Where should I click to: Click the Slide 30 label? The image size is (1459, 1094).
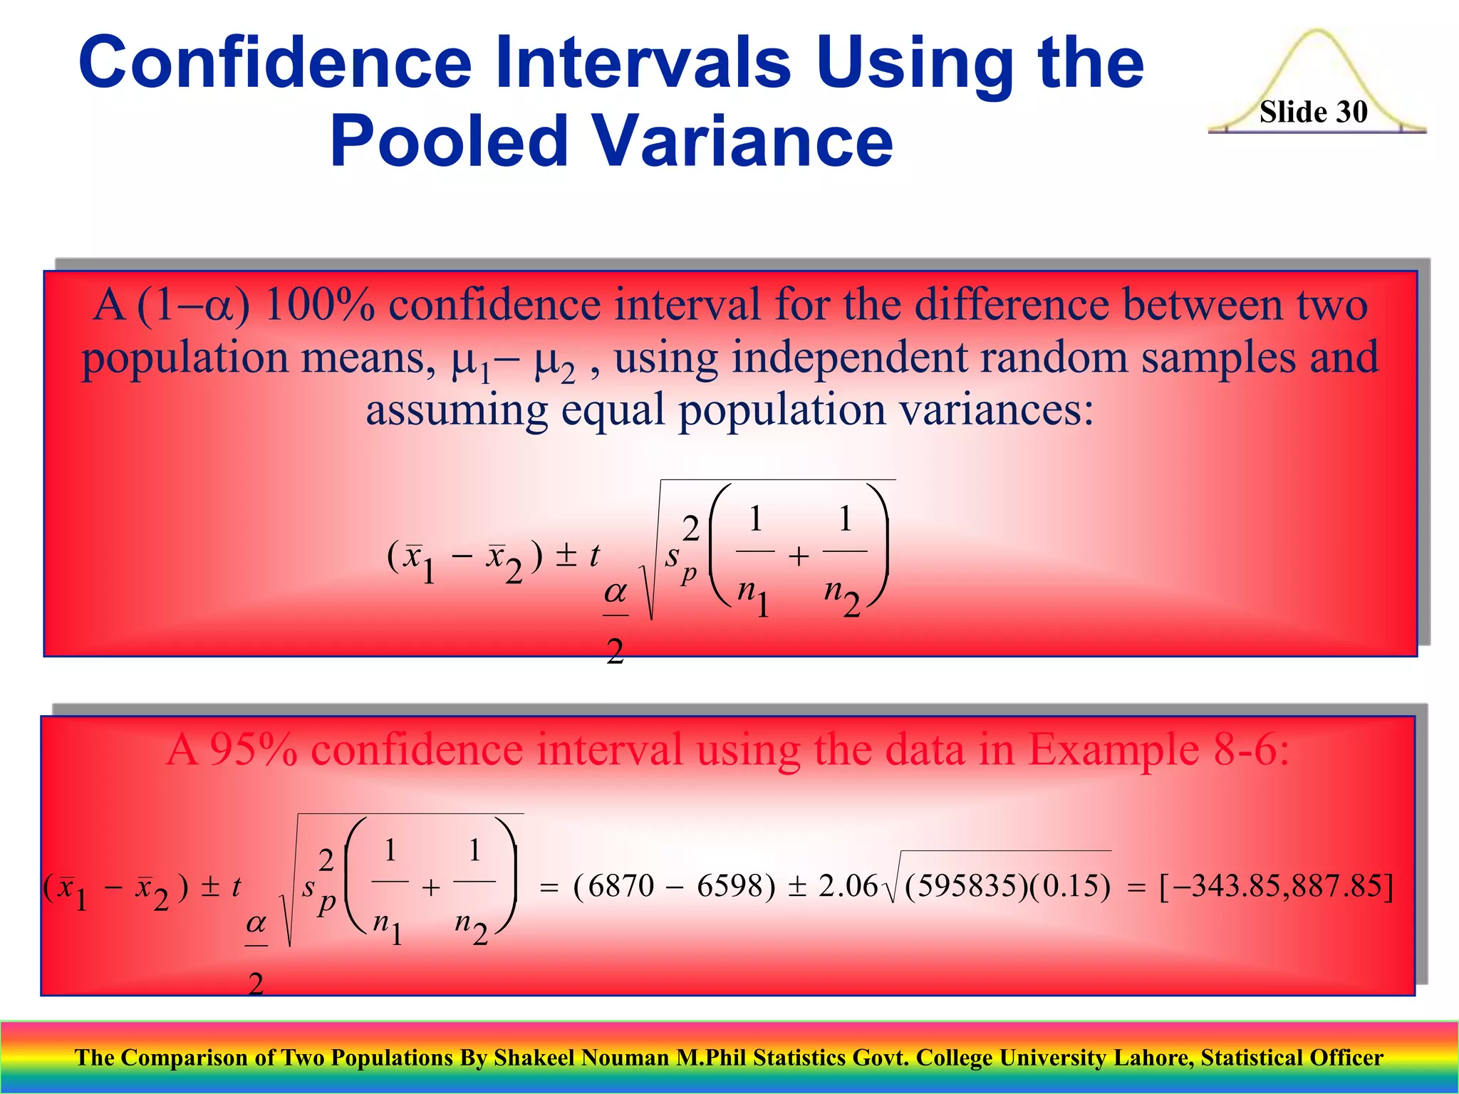click(1313, 112)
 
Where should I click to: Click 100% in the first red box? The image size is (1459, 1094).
click(320, 305)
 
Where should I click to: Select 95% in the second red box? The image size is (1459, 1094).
click(253, 749)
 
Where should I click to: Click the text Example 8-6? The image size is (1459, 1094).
click(1159, 749)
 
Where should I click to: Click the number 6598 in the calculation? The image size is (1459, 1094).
click(729, 886)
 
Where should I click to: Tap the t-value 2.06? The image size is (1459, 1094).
click(848, 886)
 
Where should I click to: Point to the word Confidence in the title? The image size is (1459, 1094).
click(275, 62)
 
